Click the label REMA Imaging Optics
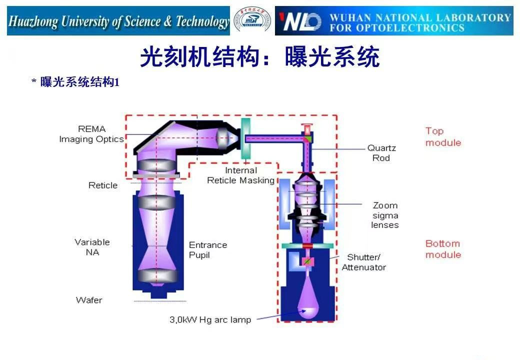(91, 134)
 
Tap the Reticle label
(103, 185)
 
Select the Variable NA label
(92, 247)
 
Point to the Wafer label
(89, 300)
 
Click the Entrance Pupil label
(208, 249)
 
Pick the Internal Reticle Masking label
(241, 175)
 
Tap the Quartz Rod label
(381, 152)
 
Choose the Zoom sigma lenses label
(385, 215)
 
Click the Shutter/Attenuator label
(364, 262)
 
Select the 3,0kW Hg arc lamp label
(210, 319)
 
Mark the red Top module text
(443, 136)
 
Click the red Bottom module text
(443, 249)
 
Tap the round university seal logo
(252, 21)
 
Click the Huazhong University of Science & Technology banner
(118, 21)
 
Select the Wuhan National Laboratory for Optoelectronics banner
(394, 21)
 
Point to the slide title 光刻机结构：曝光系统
(259, 57)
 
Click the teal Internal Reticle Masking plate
(245, 138)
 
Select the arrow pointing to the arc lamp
(280, 315)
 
